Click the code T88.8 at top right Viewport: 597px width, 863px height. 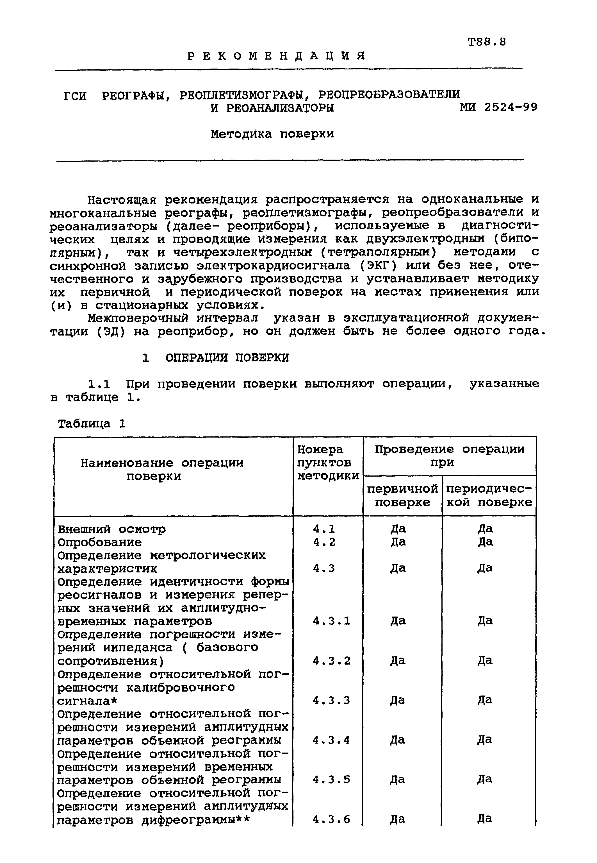487,42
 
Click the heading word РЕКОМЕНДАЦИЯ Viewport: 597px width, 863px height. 276,56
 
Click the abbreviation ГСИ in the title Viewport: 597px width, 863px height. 75,96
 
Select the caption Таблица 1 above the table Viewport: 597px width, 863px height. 92,424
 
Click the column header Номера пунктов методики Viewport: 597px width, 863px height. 328,463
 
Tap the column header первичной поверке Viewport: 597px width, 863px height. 402,495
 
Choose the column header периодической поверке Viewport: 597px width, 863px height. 489,495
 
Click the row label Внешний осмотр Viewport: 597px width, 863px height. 111,529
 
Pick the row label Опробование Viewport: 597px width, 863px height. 100,542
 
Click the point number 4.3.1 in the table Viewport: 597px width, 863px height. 331,621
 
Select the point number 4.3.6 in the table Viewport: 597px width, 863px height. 331,820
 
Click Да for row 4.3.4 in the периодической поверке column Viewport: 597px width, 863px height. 485,740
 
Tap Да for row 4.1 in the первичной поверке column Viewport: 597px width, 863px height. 398,529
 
